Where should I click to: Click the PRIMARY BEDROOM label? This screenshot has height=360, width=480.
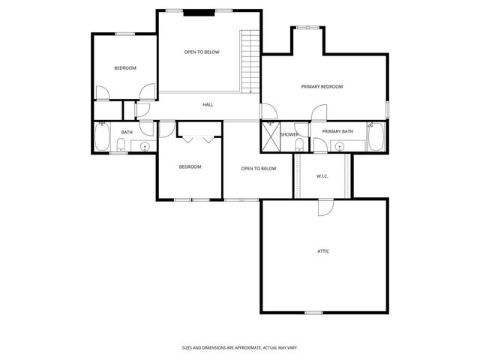click(x=322, y=87)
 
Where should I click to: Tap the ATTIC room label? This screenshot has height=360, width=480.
click(x=322, y=251)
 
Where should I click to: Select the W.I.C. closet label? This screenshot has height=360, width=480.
click(x=322, y=176)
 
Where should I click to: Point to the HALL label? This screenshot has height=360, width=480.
click(x=208, y=105)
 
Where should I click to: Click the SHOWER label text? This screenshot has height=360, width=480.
click(x=289, y=135)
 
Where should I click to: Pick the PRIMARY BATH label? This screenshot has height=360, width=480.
click(x=337, y=132)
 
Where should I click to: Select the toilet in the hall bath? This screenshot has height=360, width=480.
click(x=121, y=145)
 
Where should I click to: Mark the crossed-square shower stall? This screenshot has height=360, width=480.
click(x=269, y=136)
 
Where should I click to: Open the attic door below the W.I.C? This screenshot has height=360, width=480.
click(x=324, y=207)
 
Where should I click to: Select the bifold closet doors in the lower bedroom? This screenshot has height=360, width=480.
click(x=199, y=138)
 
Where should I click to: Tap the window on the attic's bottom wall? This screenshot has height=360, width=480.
click(x=313, y=312)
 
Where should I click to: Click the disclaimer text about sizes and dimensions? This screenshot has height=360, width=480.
click(x=240, y=347)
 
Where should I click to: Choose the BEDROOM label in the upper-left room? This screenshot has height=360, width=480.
click(x=125, y=68)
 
